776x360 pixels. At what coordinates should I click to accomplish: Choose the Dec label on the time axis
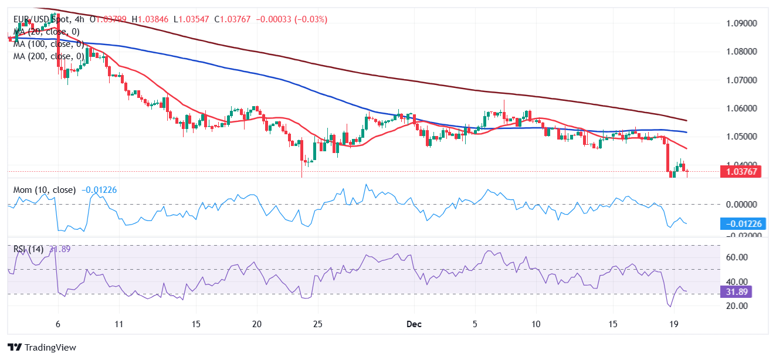tap(414, 324)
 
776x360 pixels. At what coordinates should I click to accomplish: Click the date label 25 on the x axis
tap(318, 324)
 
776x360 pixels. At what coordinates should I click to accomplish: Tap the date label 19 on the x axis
tap(674, 324)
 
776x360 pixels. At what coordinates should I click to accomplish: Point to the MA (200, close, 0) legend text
tap(48, 56)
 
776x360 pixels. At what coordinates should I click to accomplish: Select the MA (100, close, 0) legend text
tap(48, 44)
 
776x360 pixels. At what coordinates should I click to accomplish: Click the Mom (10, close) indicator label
tap(45, 190)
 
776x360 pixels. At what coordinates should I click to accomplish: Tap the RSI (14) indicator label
tap(29, 249)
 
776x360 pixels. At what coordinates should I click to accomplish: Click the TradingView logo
tap(42, 347)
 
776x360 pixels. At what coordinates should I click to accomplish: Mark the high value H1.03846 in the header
tap(150, 19)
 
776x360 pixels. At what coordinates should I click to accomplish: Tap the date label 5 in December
tap(475, 324)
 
